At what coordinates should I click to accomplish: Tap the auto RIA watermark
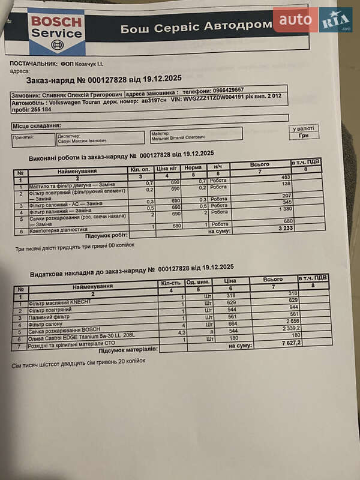(x=312, y=20)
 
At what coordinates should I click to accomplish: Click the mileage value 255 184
(x=38, y=109)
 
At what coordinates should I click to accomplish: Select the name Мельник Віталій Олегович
(x=178, y=137)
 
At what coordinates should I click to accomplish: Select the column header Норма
(x=193, y=169)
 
